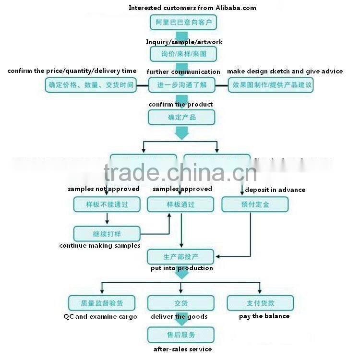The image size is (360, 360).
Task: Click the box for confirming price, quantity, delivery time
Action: point(90,85)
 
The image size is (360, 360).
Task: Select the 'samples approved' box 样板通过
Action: point(180,204)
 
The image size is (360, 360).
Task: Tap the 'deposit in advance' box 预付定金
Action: point(255,204)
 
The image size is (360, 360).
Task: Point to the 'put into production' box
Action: point(180,256)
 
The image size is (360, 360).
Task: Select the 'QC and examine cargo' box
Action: point(101,303)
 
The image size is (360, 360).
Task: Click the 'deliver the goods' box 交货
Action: point(180,303)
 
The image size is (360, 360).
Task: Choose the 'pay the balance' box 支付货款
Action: point(260,303)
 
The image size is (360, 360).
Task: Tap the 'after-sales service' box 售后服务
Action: point(180,334)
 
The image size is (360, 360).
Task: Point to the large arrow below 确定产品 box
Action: point(181,132)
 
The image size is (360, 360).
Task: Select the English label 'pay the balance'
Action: point(264,316)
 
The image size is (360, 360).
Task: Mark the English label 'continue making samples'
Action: point(100,246)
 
